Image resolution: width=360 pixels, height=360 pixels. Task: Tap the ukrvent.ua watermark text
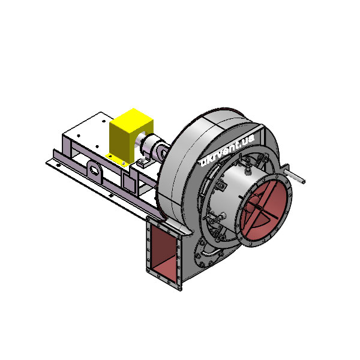(227, 150)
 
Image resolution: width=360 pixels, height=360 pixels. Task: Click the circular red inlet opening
(265, 210)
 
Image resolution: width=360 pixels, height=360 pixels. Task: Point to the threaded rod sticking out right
(295, 176)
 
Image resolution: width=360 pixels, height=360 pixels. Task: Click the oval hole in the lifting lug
(94, 170)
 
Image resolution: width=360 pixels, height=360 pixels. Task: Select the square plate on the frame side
(129, 182)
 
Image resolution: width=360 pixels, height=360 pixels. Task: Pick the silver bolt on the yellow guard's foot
(124, 163)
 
